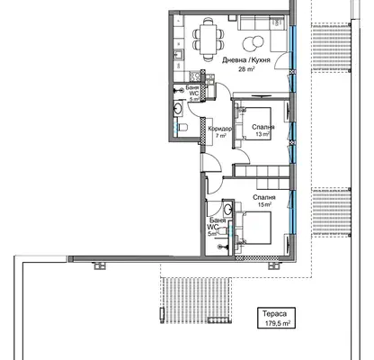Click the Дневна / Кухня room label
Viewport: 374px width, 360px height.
[246, 60]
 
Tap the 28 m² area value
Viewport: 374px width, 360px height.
[246, 69]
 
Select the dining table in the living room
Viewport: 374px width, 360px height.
[209, 39]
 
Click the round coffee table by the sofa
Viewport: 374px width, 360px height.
[253, 42]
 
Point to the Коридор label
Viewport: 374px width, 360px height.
[220, 129]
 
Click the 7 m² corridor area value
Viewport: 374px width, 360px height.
[221, 136]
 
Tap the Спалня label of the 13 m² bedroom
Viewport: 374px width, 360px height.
[263, 127]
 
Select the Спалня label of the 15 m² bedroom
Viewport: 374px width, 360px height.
[264, 197]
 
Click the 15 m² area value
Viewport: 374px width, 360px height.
[264, 204]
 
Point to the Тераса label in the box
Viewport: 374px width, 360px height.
[274, 314]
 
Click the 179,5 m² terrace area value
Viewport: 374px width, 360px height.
[278, 324]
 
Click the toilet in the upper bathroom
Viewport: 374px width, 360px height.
[183, 128]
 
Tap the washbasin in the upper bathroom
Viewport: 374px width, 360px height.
[177, 108]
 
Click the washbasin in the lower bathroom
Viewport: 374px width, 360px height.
[228, 208]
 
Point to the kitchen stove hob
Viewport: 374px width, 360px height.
[195, 76]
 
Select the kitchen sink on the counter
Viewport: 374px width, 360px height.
[179, 55]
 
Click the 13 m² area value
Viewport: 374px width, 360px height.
[263, 134]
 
